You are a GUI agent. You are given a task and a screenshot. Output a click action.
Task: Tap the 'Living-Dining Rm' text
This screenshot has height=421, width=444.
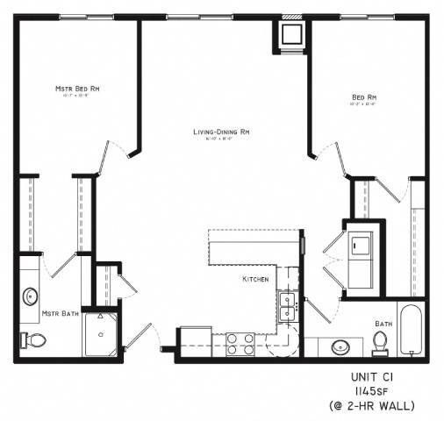coord(223,132)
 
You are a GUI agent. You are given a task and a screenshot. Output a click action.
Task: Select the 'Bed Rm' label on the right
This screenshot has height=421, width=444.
coord(364,97)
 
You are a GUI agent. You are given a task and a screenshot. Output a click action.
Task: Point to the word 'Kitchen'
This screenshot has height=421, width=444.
coord(255,279)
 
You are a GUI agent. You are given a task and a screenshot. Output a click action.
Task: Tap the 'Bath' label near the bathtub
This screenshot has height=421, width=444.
coord(383,324)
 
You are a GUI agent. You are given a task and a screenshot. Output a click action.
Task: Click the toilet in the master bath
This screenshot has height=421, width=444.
coord(31,339)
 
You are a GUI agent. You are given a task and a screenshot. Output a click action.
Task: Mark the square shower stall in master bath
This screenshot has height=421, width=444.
coord(103,334)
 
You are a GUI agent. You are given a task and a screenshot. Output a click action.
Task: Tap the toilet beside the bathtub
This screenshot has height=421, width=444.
coord(380,344)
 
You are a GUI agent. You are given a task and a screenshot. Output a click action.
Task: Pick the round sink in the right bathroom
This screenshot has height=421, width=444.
coord(341,347)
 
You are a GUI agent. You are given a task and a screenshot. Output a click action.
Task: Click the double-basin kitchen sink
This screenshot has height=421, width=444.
coord(286,307)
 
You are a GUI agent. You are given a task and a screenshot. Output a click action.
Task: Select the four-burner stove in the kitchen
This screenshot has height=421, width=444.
coord(239,342)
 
